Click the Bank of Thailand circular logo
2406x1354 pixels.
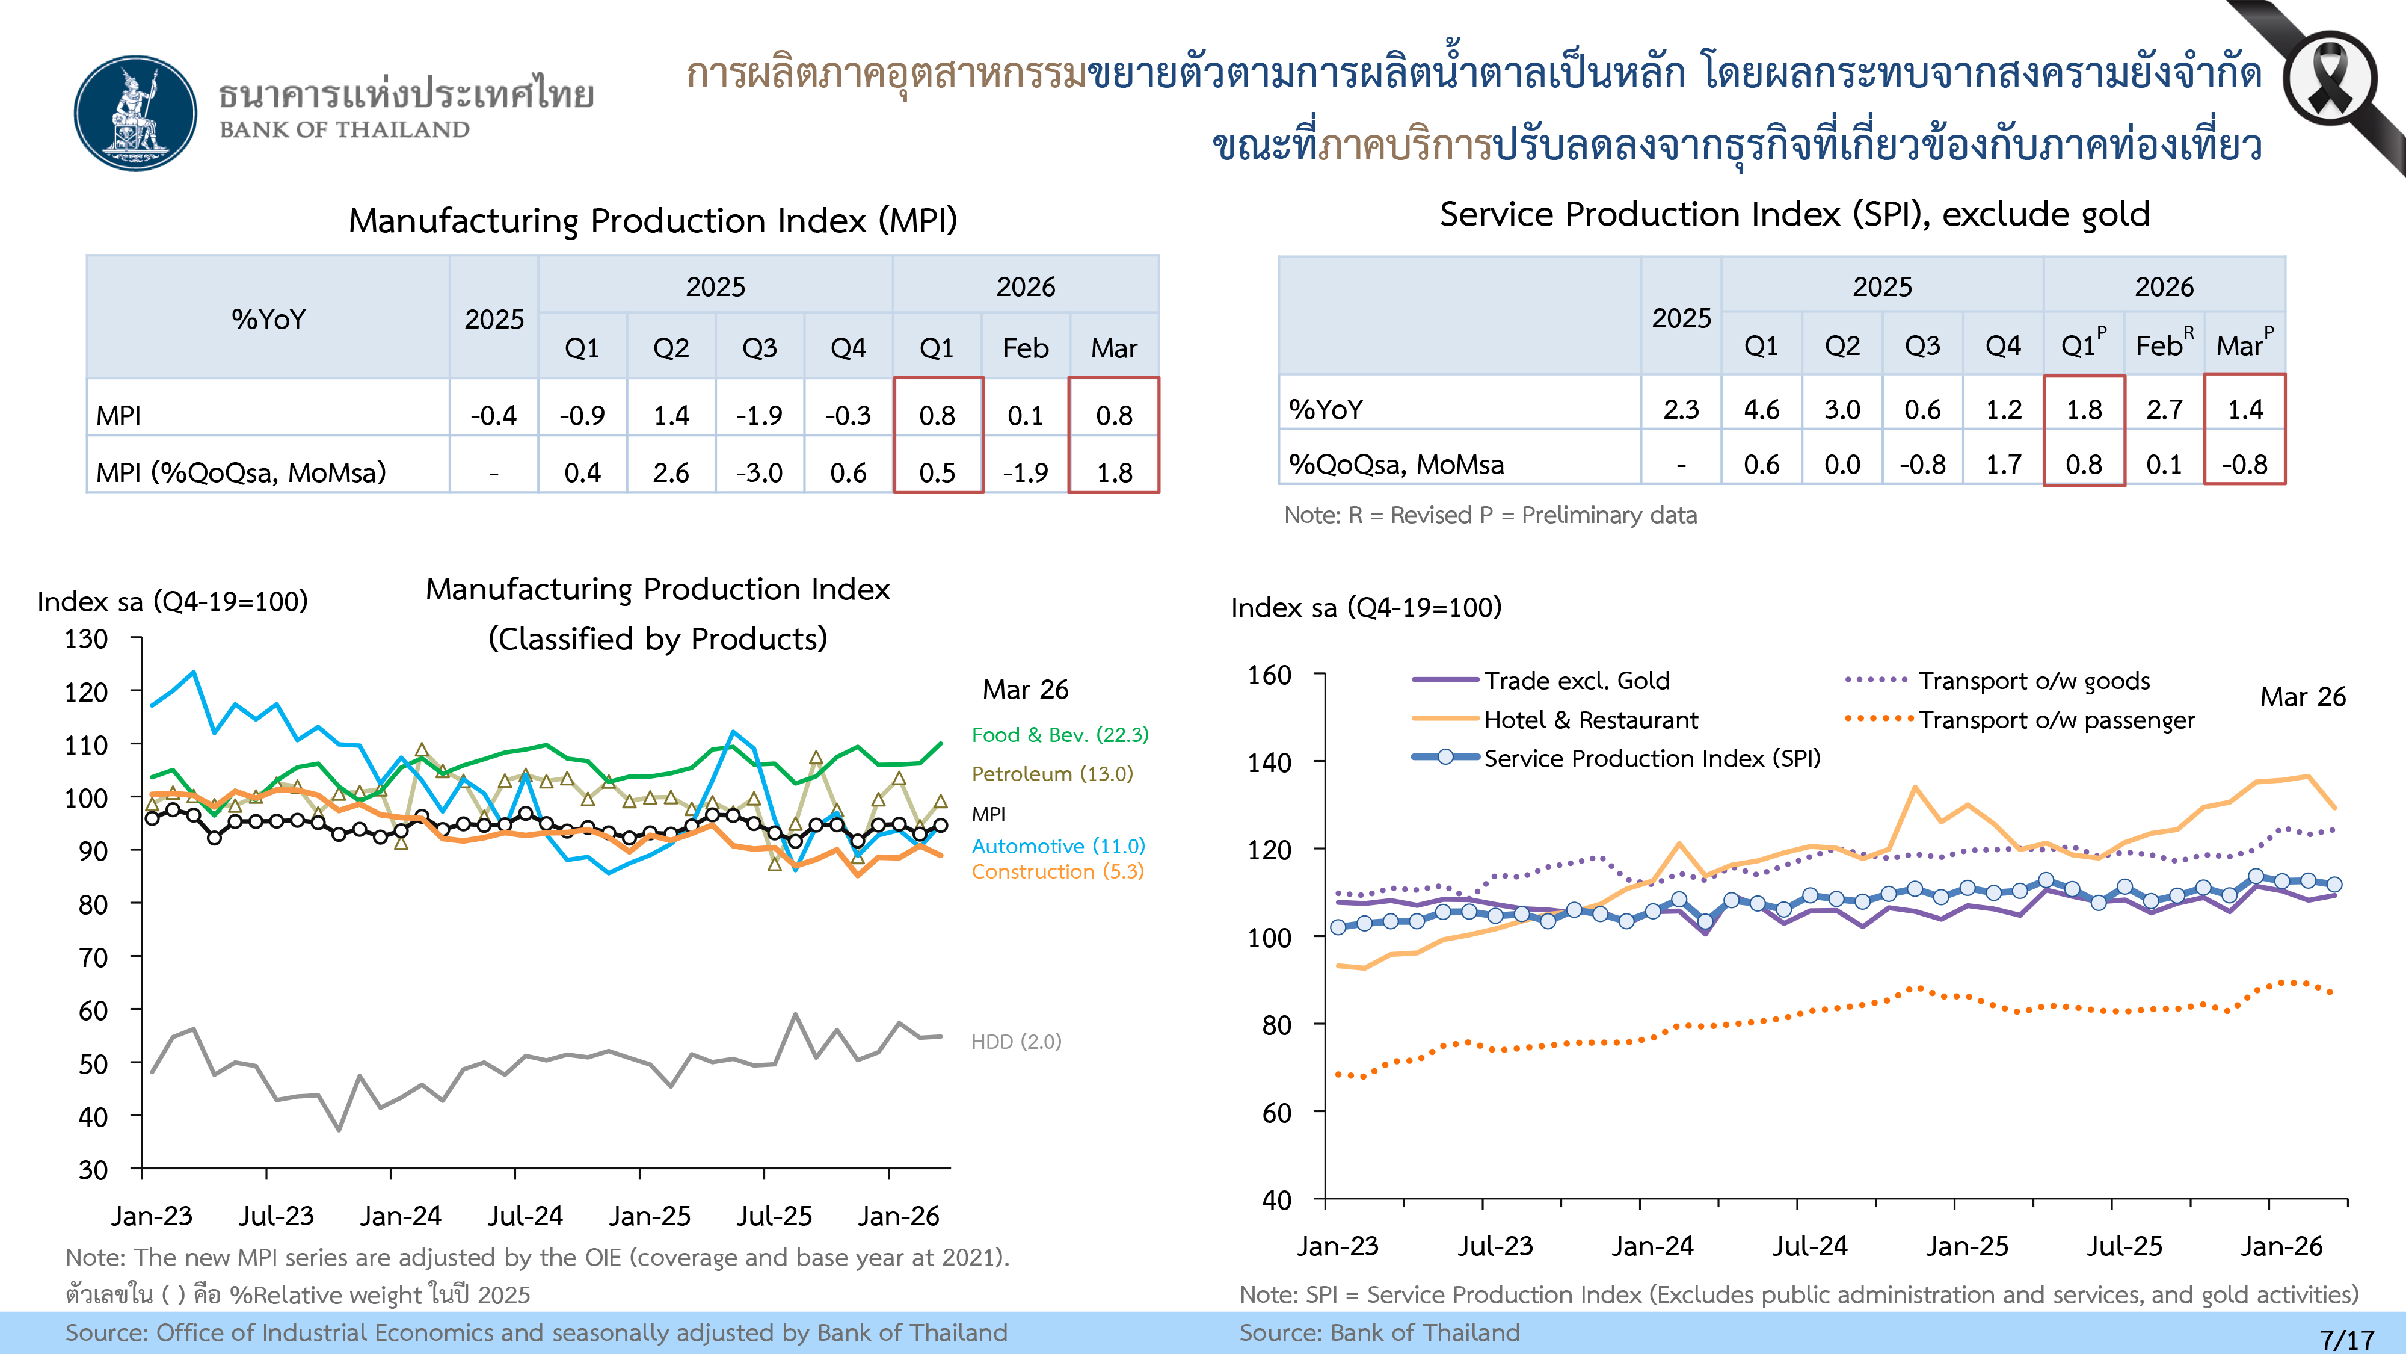click(137, 113)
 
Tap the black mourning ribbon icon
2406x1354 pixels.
click(2330, 79)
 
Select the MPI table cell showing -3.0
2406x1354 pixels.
click(759, 472)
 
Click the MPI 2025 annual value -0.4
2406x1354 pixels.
click(493, 415)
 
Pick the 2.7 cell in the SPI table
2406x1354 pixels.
click(2164, 409)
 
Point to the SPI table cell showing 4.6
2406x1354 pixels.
click(1762, 409)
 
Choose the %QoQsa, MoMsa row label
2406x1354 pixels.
click(1396, 465)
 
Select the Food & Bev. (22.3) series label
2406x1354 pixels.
click(1060, 734)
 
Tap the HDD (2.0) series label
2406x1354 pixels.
click(1016, 1041)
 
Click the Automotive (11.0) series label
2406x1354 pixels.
click(1058, 845)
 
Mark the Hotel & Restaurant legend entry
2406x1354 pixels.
click(1590, 720)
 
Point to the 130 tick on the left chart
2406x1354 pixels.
click(87, 639)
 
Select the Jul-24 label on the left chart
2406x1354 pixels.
click(525, 1216)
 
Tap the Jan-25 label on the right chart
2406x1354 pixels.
click(1967, 1246)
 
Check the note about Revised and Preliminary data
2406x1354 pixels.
click(1490, 515)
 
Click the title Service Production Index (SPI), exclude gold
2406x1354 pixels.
click(1794, 214)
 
